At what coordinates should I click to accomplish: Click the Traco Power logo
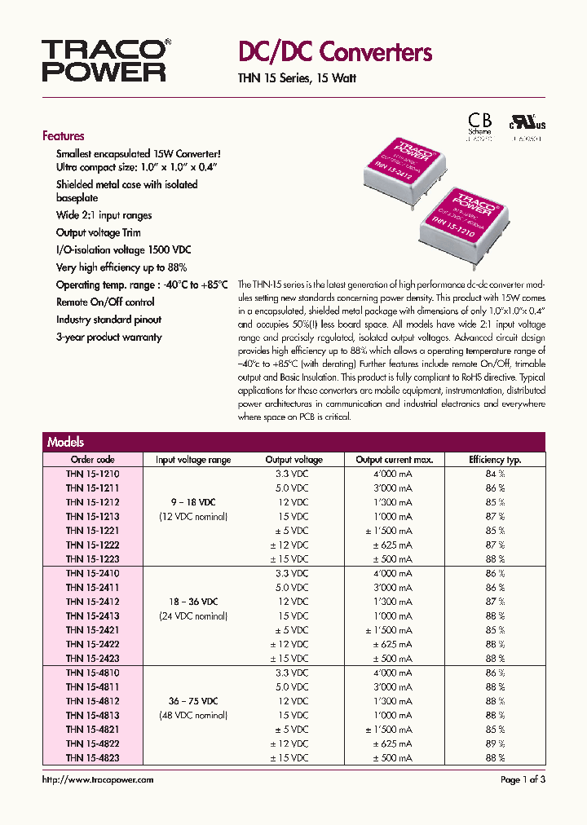click(104, 60)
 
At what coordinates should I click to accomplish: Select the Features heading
click(63, 136)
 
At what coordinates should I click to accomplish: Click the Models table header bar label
click(65, 442)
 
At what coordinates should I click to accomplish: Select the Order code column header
click(92, 460)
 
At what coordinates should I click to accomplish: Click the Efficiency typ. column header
click(495, 460)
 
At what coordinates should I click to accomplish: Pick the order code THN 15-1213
click(92, 516)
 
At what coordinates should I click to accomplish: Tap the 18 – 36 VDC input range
click(193, 602)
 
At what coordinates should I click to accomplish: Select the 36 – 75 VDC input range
click(193, 701)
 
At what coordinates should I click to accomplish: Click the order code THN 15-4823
click(92, 757)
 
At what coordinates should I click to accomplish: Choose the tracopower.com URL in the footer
click(97, 780)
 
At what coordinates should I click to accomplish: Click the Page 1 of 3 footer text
click(523, 780)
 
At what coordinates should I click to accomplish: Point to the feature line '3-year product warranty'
click(108, 337)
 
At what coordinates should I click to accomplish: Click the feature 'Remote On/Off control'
click(104, 302)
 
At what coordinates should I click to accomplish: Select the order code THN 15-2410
click(92, 573)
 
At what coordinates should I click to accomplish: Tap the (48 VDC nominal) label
click(193, 715)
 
